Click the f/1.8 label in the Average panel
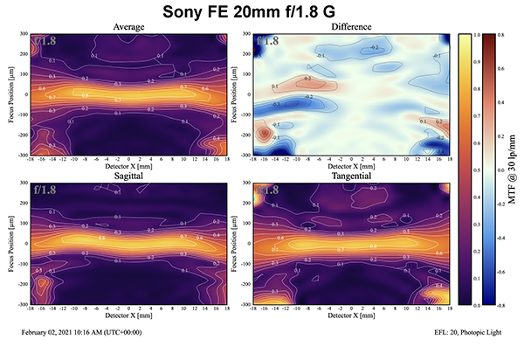[45, 40]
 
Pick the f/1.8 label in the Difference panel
[267, 40]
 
